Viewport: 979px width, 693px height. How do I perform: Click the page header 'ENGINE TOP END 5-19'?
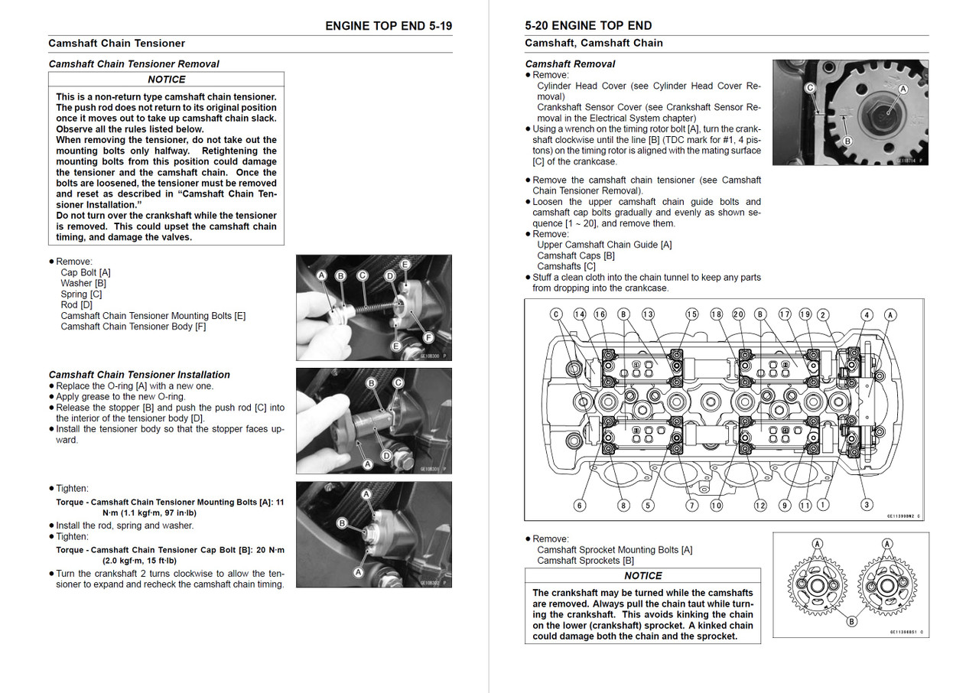pyautogui.click(x=389, y=25)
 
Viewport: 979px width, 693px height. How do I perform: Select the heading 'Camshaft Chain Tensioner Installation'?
pyautogui.click(x=139, y=375)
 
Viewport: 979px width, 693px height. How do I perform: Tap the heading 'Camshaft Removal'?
pyautogui.click(x=570, y=64)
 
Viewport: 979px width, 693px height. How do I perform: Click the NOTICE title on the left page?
pyautogui.click(x=166, y=80)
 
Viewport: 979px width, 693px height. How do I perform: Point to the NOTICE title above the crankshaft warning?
pyautogui.click(x=642, y=576)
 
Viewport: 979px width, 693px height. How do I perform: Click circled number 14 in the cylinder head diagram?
pyautogui.click(x=579, y=314)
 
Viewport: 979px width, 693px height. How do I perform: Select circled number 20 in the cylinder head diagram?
pyautogui.click(x=738, y=314)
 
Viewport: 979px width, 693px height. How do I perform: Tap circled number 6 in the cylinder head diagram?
pyautogui.click(x=579, y=506)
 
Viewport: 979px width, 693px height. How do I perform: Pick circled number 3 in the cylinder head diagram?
pyautogui.click(x=867, y=505)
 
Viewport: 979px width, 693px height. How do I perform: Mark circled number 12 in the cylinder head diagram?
pyautogui.click(x=759, y=506)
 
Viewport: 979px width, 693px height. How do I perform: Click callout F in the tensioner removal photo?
pyautogui.click(x=428, y=337)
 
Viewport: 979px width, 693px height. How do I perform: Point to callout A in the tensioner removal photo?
pyautogui.click(x=321, y=275)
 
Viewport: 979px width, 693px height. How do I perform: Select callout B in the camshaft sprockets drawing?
pyautogui.click(x=851, y=622)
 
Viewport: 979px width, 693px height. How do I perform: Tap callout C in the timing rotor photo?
pyautogui.click(x=809, y=89)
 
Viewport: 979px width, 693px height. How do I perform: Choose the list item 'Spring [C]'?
pyautogui.click(x=81, y=294)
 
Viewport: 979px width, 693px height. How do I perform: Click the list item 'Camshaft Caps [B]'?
pyautogui.click(x=575, y=255)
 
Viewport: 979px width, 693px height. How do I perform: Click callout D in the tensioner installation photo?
pyautogui.click(x=386, y=455)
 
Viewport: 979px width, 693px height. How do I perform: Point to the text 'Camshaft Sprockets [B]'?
pyautogui.click(x=585, y=561)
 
